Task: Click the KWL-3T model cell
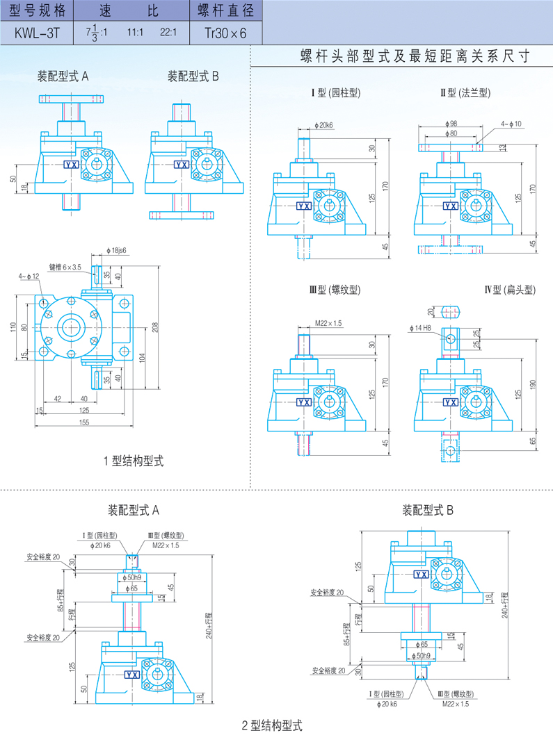35,32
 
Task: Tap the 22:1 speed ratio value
168,32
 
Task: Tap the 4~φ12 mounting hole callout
29,277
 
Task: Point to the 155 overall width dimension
84,422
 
